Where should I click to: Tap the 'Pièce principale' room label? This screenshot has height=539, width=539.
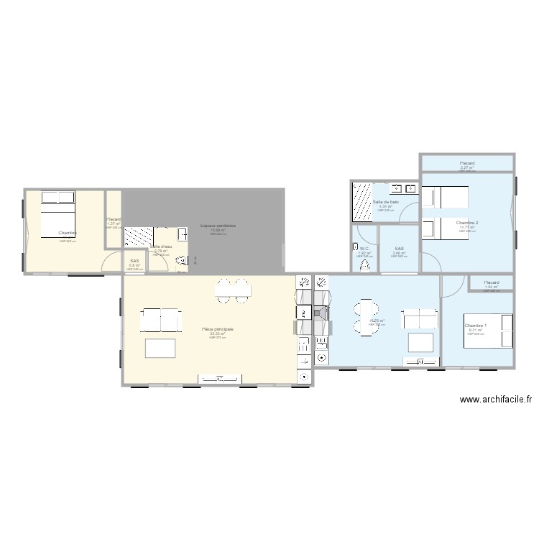218,329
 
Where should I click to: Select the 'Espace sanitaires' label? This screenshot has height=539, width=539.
217,226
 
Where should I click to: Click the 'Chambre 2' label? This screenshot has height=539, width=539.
466,223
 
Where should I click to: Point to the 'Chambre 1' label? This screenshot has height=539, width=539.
475,326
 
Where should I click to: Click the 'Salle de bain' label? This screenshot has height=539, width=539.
386,203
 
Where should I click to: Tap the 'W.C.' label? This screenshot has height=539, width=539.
364,248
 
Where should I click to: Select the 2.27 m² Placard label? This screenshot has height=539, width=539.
466,163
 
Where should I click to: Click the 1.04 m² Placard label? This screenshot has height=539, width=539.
492,282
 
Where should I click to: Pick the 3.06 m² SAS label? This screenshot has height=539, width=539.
399,249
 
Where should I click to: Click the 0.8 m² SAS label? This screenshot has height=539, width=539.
134,261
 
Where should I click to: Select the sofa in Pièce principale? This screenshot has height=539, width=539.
160,319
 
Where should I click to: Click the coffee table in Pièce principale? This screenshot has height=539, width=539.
160,348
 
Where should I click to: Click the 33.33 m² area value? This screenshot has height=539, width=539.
218,333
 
